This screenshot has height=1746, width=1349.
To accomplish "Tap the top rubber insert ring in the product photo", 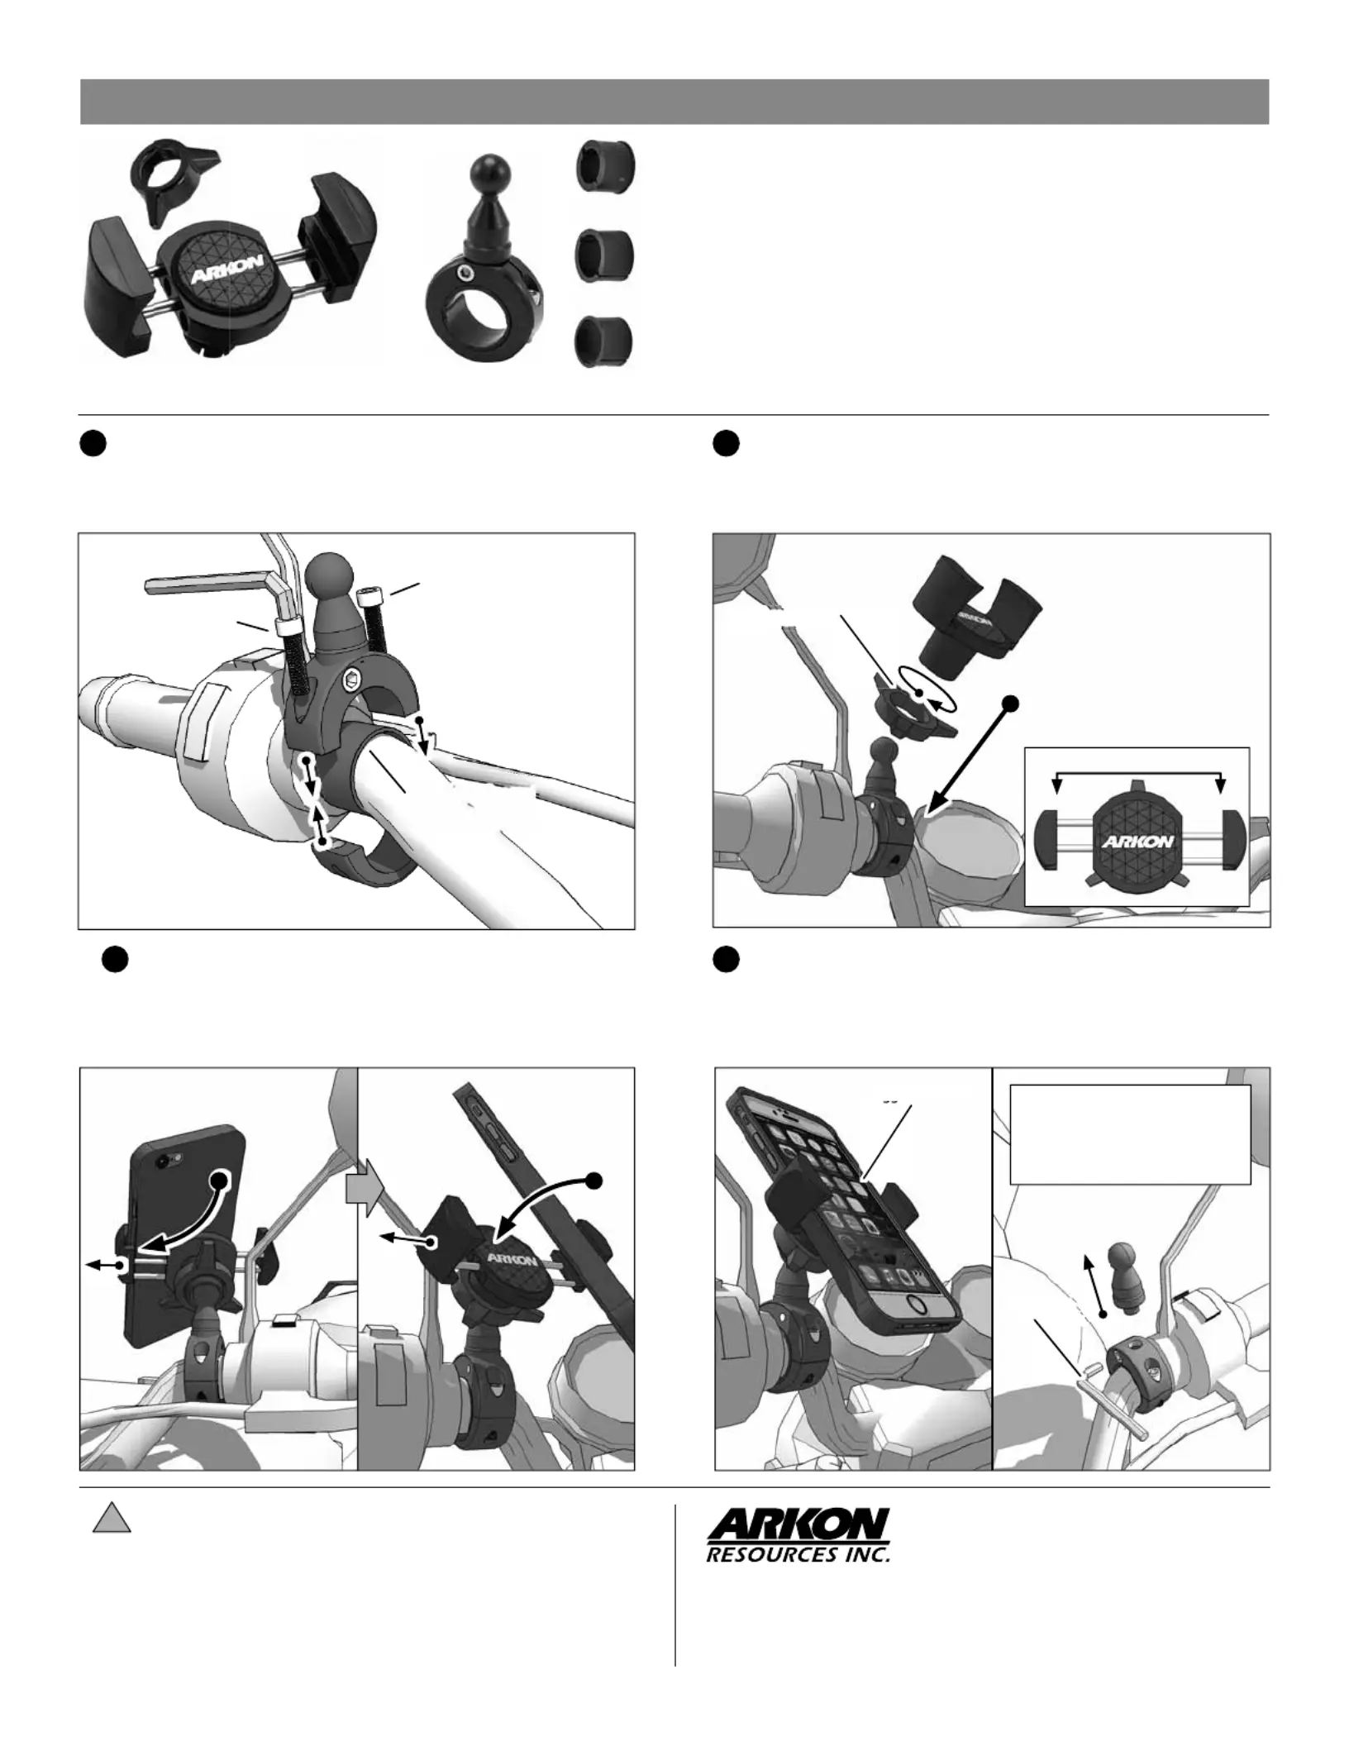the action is [605, 168].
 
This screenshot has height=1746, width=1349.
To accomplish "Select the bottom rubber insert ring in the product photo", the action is [605, 341].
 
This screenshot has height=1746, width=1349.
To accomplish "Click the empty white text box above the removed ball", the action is [1130, 1134].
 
